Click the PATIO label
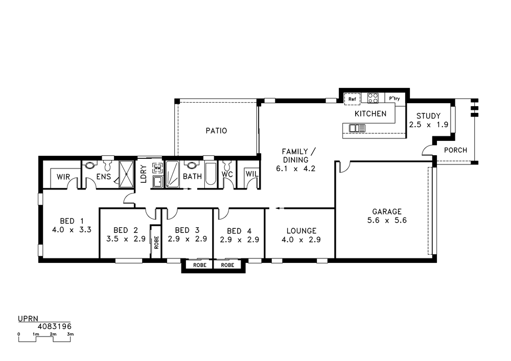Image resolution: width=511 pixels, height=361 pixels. point(216,131)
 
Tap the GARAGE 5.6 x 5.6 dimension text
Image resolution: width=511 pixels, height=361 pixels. point(387,221)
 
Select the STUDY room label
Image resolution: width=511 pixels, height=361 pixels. point(429,116)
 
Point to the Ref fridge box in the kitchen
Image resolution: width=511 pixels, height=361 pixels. point(352,99)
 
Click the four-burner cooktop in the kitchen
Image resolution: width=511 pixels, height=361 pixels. point(373,98)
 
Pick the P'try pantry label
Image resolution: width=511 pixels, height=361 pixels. point(394,99)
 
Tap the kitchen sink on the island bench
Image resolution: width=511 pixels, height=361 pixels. point(357,128)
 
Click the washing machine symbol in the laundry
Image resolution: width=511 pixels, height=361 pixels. point(158,167)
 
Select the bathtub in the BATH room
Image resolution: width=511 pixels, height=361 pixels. point(210,175)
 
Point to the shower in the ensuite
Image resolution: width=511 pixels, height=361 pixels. point(126,174)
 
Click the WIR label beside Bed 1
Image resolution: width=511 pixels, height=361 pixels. point(63,177)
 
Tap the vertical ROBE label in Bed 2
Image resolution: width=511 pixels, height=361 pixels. point(156,242)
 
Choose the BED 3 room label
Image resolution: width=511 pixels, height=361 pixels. point(187,230)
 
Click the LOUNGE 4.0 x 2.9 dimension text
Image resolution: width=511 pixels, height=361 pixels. point(301,239)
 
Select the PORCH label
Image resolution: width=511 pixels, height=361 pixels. point(456,150)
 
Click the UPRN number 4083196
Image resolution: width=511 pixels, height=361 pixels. point(55,326)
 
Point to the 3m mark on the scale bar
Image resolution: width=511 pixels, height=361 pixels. point(70,334)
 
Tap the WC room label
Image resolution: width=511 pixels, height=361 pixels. point(227,174)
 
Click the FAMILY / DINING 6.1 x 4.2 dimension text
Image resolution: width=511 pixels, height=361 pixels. point(296,169)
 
